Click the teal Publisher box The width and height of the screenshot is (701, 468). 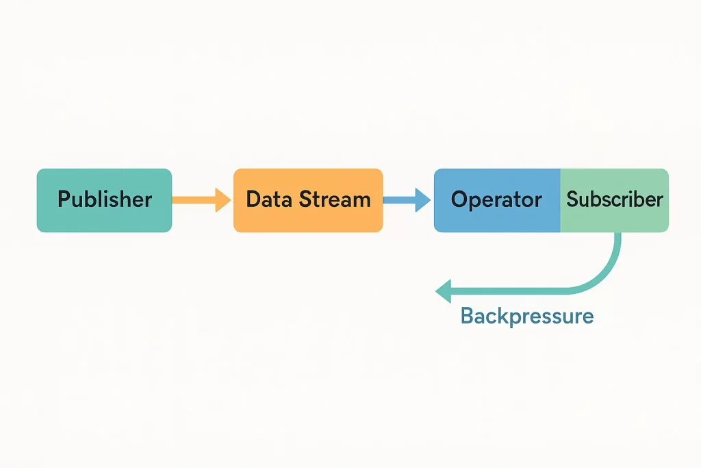coord(104,201)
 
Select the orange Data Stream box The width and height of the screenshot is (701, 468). coord(308,201)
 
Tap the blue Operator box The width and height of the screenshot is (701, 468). coord(497,201)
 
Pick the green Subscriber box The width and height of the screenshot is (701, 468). coord(614,201)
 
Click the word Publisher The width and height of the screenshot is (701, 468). coord(105,199)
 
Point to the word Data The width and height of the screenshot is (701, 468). coord(270,199)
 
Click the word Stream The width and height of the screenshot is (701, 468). coord(335,199)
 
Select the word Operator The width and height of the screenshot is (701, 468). coord(496,199)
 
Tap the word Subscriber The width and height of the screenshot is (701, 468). coord(615,199)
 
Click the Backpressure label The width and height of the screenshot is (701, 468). coord(527,316)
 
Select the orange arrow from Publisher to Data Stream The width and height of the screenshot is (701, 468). coord(201,200)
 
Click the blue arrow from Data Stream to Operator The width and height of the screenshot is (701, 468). coord(407,200)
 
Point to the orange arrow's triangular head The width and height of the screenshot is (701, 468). coord(222,200)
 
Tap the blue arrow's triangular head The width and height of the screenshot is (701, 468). coord(422,200)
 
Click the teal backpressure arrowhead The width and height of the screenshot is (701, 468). coord(443,291)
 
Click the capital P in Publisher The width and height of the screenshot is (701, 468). coord(64,199)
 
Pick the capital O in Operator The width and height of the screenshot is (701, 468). coord(459,199)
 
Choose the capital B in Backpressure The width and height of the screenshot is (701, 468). coord(467,315)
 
